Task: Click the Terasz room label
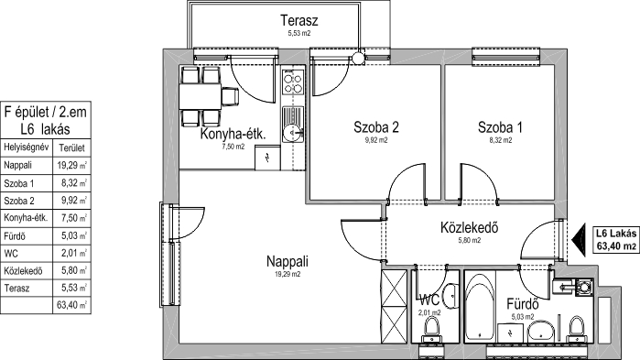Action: tap(299, 20)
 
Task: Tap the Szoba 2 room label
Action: tap(376, 127)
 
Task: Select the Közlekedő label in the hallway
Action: tap(470, 227)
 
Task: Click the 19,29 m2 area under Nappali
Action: tap(287, 274)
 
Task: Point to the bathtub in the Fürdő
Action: tap(481, 308)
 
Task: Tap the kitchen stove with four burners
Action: tap(293, 82)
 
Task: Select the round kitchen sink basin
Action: tap(293, 132)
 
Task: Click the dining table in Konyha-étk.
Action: tap(200, 96)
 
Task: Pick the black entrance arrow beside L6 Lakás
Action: tap(579, 240)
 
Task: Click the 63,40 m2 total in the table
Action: tap(71, 305)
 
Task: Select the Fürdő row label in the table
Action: tap(15, 236)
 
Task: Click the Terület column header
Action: tap(71, 147)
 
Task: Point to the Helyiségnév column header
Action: tap(27, 147)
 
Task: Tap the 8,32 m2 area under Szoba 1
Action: tap(500, 140)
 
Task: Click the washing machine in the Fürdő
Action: tap(584, 287)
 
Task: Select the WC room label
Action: tap(429, 300)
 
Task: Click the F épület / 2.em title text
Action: tap(45, 112)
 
